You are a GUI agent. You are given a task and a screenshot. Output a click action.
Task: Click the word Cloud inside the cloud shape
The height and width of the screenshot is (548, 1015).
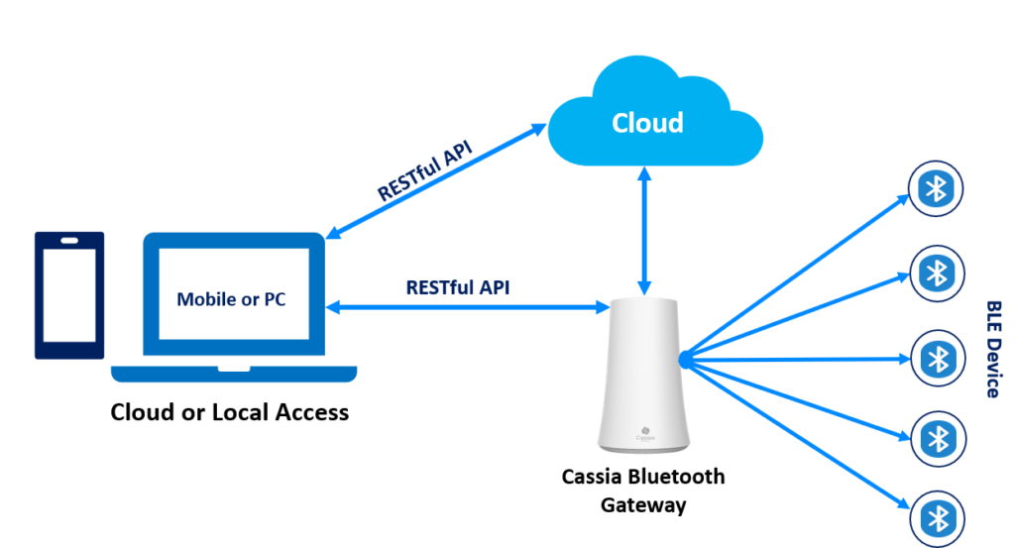point(647,123)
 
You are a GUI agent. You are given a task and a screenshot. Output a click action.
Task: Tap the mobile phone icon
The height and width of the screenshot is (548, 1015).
point(69,295)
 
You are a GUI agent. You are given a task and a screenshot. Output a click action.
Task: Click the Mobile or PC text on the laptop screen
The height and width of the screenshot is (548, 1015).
point(231,299)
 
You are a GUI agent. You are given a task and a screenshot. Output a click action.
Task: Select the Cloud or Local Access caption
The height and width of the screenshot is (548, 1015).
point(229,412)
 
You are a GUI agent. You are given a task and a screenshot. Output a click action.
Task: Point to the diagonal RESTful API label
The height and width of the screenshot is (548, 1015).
point(424,171)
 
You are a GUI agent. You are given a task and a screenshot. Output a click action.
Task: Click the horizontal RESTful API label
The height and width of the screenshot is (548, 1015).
point(458,287)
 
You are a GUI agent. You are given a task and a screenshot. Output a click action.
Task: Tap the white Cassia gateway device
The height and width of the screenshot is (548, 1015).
point(642,375)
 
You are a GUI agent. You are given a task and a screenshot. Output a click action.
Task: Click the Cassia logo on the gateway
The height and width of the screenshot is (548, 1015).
point(644,433)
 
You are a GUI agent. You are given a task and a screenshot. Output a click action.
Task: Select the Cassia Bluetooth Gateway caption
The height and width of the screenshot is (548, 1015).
point(642,491)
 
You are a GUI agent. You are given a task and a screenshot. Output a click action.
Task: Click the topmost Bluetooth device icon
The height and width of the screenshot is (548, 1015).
point(936,189)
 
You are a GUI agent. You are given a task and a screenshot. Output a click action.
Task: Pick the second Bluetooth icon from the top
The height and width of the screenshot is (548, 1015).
point(937,274)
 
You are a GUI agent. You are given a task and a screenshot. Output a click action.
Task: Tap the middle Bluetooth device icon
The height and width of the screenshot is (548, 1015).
point(938,359)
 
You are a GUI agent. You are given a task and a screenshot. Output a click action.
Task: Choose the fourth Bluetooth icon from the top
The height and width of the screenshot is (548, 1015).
point(938,439)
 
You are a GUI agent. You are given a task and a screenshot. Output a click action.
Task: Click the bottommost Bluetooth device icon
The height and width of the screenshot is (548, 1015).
point(938,519)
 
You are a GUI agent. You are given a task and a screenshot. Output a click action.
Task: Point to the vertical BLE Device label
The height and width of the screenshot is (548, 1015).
point(993,350)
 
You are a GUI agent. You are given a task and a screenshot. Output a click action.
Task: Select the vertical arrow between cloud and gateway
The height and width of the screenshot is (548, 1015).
point(644,231)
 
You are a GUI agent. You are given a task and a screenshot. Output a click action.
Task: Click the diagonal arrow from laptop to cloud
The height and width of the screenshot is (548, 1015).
point(436,181)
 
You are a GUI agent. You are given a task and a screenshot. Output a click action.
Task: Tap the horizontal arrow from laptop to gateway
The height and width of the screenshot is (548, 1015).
point(468,307)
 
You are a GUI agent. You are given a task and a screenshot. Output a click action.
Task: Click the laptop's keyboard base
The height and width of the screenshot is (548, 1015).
point(234,374)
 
